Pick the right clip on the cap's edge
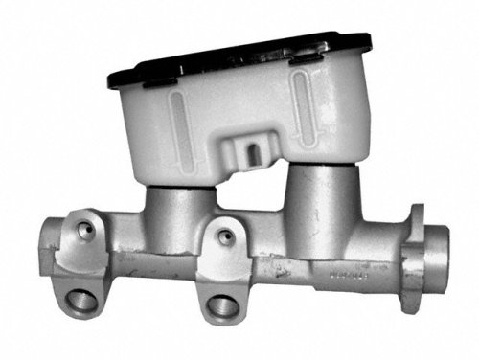pyautogui.click(x=306, y=59)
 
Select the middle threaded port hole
pyautogui.click(x=221, y=306)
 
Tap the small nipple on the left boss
pyautogui.click(x=87, y=230)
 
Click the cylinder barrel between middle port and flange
pyautogui.click(x=316, y=263)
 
